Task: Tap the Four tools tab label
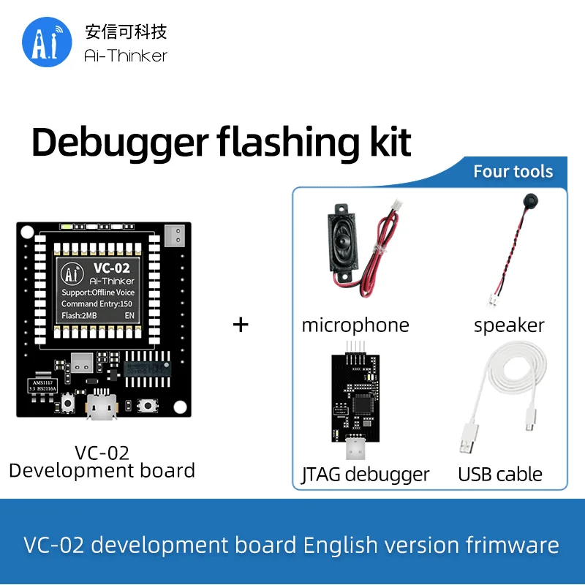[513, 172]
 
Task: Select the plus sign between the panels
[241, 324]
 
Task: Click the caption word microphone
[355, 325]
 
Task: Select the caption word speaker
[509, 325]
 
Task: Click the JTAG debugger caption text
[366, 475]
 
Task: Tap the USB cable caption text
[500, 475]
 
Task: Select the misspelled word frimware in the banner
[511, 545]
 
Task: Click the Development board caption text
[102, 469]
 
